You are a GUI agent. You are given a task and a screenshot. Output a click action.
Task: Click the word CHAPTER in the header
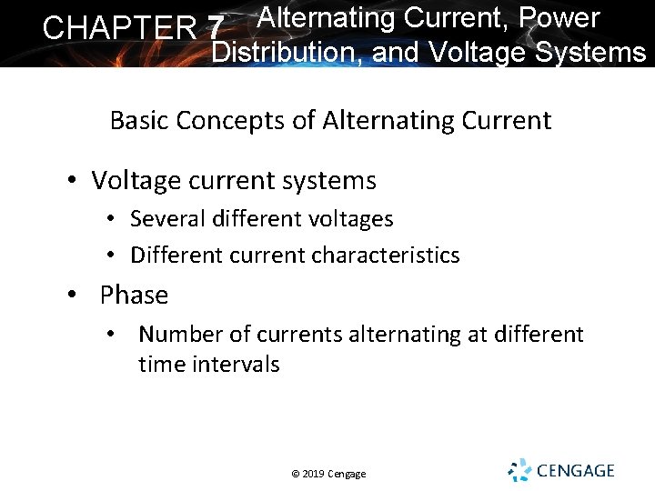tap(119, 28)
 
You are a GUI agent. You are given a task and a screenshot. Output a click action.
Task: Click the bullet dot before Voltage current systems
tap(72, 181)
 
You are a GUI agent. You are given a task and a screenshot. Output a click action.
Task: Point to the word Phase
tap(134, 296)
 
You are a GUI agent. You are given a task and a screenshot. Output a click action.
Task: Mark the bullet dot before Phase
tap(72, 296)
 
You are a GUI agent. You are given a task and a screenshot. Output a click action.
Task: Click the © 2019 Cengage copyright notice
tap(328, 474)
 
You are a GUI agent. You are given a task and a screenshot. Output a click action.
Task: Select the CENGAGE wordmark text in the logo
tap(576, 471)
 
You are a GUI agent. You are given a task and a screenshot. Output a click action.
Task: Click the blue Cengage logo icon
tap(519, 470)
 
